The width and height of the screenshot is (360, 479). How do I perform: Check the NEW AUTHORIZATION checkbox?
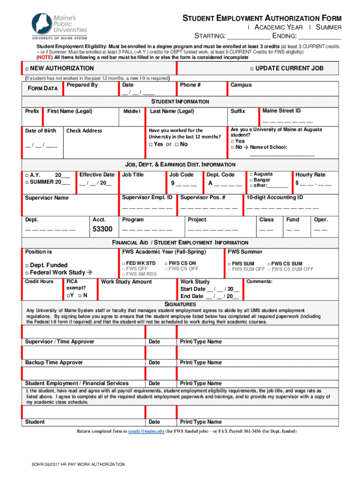[28, 69]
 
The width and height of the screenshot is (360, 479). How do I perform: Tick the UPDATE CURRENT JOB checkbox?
[252, 69]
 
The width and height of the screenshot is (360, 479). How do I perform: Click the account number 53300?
[102, 229]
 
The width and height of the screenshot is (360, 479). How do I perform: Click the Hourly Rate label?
[310, 174]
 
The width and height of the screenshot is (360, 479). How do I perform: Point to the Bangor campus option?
[263, 180]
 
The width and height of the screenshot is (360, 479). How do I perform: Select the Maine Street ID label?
[281, 111]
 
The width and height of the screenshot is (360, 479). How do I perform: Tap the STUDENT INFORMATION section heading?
[180, 102]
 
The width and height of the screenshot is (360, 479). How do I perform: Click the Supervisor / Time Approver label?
[59, 342]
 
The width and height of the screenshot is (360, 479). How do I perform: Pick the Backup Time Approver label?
[54, 363]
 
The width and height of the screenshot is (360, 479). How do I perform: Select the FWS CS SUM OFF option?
[293, 269]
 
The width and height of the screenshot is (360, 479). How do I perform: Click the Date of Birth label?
[41, 131]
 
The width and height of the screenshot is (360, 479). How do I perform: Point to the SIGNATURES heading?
[180, 304]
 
